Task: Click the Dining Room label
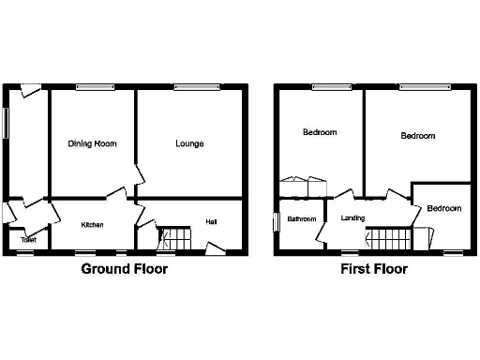[x=92, y=143]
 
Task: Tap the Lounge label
[x=189, y=143]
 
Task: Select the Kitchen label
[x=92, y=225]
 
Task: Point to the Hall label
[x=212, y=222]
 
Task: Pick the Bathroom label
[x=301, y=219]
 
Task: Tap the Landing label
[x=352, y=219]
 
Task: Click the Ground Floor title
[x=125, y=270]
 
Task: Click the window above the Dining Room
[x=95, y=88]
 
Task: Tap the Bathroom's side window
[x=276, y=222]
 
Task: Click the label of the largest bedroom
[x=418, y=136]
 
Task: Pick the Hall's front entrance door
[x=215, y=248]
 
